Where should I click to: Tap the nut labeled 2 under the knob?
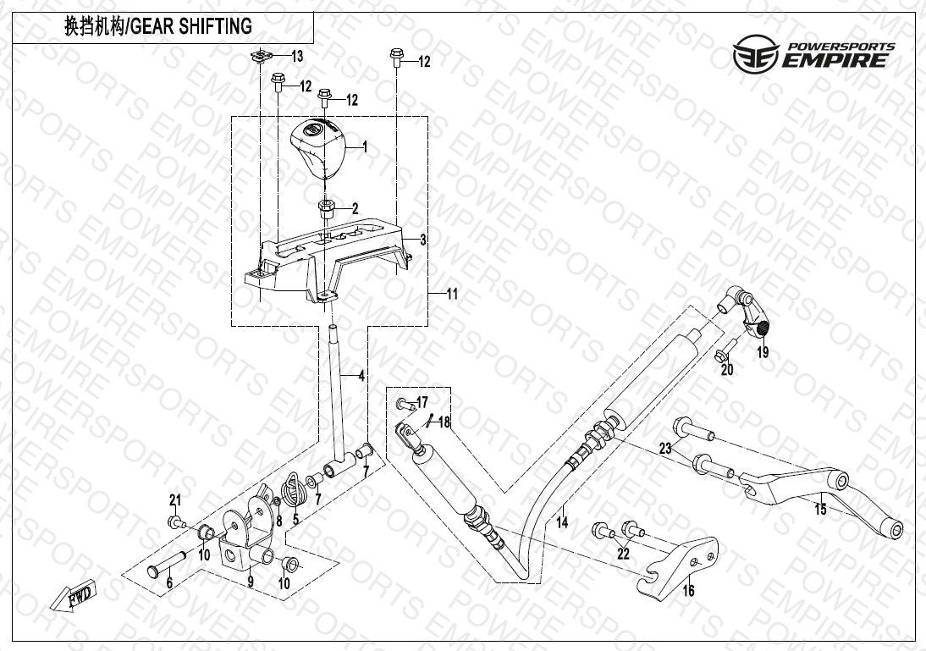pyautogui.click(x=325, y=207)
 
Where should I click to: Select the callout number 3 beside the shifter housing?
pyautogui.click(x=423, y=240)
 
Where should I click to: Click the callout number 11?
pyautogui.click(x=452, y=294)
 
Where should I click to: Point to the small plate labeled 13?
pyautogui.click(x=259, y=56)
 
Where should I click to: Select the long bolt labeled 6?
pyautogui.click(x=167, y=564)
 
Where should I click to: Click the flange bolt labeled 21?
pyautogui.click(x=175, y=523)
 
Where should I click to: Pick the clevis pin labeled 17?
pyautogui.click(x=404, y=405)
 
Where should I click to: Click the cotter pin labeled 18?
pyautogui.click(x=430, y=421)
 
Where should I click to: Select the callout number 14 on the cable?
pyautogui.click(x=562, y=523)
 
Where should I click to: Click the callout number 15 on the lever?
pyautogui.click(x=820, y=509)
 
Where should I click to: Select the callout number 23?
pyautogui.click(x=665, y=449)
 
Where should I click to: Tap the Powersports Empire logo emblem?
pyautogui.click(x=756, y=53)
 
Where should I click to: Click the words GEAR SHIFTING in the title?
pyautogui.click(x=190, y=26)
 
